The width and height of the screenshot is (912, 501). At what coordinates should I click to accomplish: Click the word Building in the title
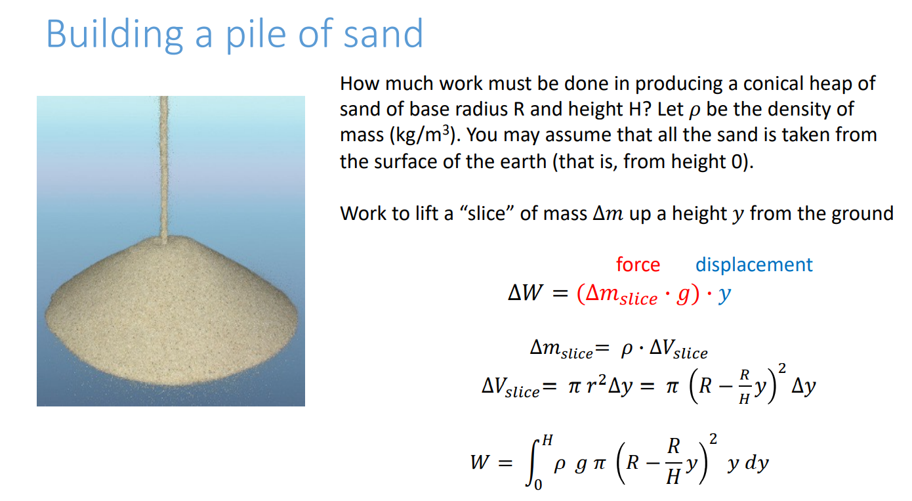pos(114,34)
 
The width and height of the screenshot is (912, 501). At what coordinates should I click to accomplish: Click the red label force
pos(638,265)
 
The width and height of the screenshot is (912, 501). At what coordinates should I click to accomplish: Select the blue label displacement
pos(754,265)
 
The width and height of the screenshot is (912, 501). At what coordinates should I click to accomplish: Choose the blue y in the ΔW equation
pos(724,295)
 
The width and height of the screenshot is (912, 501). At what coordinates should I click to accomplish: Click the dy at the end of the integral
pos(755,464)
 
